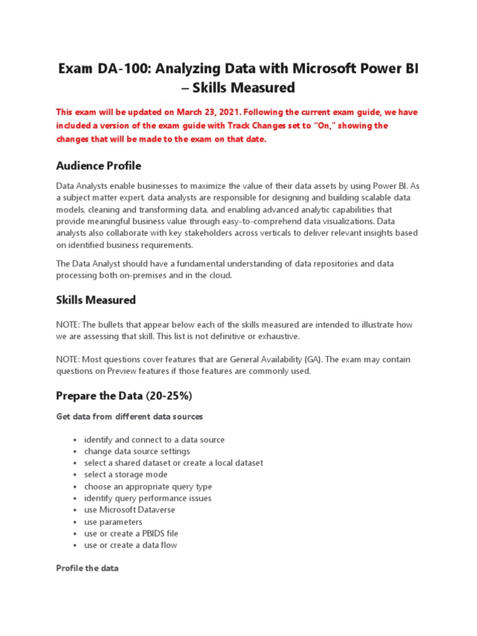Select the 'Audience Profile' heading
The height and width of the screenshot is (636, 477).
click(98, 166)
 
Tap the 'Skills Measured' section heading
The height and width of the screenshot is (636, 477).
click(96, 300)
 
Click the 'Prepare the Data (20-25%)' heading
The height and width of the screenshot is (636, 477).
click(119, 396)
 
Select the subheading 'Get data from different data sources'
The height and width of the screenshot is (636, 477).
click(129, 416)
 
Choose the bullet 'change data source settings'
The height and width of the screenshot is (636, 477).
click(137, 452)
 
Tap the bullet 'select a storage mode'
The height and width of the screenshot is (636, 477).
click(125, 475)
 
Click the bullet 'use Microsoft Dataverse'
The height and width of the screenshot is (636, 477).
click(129, 510)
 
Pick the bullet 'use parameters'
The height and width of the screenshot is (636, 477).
click(113, 522)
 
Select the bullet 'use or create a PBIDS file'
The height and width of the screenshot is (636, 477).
click(131, 534)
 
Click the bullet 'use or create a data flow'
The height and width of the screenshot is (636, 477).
click(130, 545)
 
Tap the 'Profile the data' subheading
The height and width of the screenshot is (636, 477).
click(87, 568)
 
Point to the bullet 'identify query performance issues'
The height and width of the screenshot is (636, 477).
click(147, 498)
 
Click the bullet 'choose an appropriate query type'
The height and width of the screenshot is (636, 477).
click(148, 487)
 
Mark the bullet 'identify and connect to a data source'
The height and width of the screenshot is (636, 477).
click(154, 440)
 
